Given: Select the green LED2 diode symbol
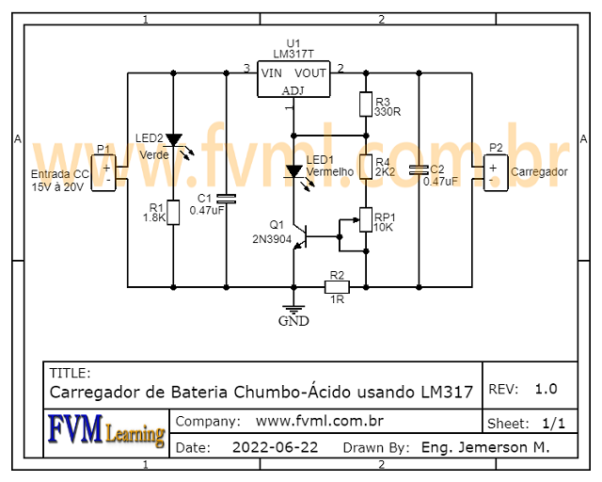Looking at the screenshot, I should [x=173, y=138].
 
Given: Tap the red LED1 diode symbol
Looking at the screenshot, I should [x=293, y=171].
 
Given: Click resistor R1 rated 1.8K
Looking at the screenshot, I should [x=173, y=214].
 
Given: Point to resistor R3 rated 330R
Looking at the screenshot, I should [x=366, y=104].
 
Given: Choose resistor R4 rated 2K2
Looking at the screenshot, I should [x=366, y=167].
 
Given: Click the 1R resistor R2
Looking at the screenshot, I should [x=336, y=285].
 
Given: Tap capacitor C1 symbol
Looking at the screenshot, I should [x=226, y=199].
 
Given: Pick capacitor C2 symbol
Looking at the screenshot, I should [x=419, y=170].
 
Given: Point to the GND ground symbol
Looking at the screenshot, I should [x=293, y=309].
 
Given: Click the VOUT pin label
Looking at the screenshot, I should [x=310, y=72].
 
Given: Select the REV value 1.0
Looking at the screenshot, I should [x=546, y=389].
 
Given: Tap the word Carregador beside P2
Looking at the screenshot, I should [x=539, y=172].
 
